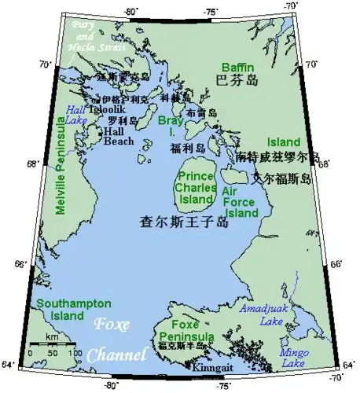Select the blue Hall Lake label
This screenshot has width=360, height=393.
[x=77, y=116]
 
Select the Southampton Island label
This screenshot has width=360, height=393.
[x=61, y=309]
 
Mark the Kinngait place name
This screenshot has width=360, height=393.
[x=205, y=367]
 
